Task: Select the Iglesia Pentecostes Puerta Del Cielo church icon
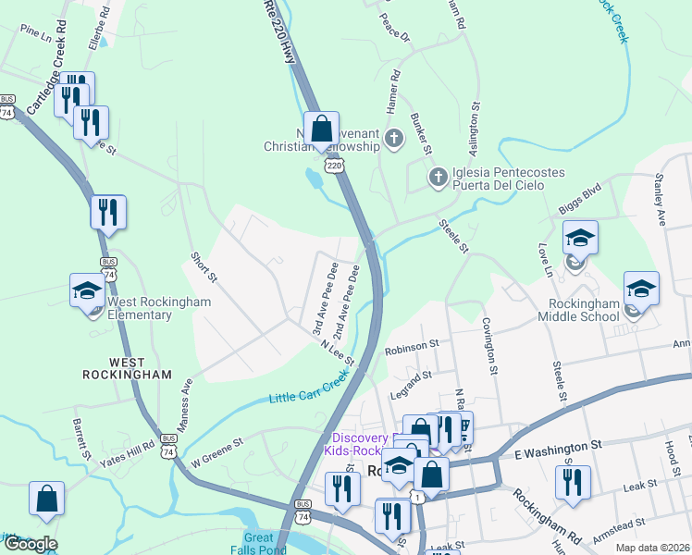coord(438,176)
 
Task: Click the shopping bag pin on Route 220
coord(321,130)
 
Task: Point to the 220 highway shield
coord(334,166)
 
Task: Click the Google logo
coord(30,544)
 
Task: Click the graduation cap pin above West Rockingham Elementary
coord(88,290)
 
